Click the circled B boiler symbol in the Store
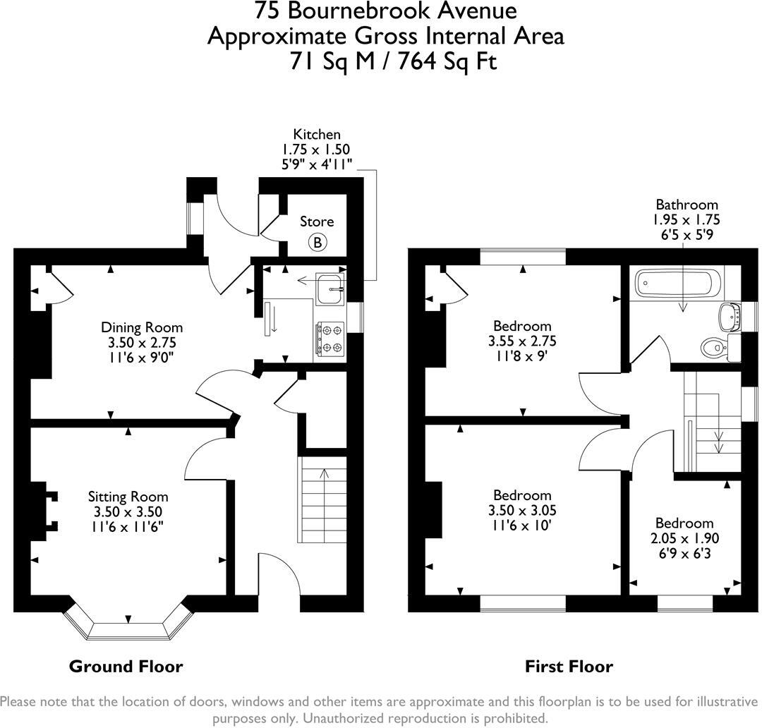click(x=317, y=243)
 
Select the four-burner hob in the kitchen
click(x=330, y=339)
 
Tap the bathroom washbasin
click(x=728, y=315)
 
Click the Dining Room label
click(x=142, y=327)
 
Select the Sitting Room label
click(x=128, y=497)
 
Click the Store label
click(x=317, y=222)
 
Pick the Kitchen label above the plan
click(x=317, y=134)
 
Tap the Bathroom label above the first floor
click(x=687, y=205)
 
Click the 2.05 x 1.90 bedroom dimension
click(x=684, y=538)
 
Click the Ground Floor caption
click(x=126, y=666)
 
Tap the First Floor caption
click(x=569, y=666)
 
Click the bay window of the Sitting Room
click(x=128, y=624)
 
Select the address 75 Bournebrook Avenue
click(x=385, y=11)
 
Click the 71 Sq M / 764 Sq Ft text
click(x=393, y=61)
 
